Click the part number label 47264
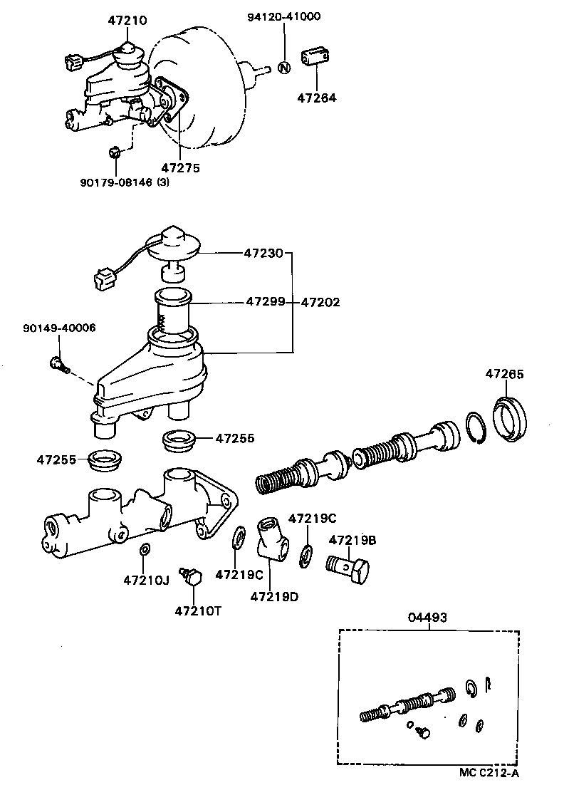pyautogui.click(x=317, y=98)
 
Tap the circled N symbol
pyautogui.click(x=283, y=68)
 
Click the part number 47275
pyautogui.click(x=181, y=168)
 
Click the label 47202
pyautogui.click(x=320, y=302)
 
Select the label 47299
pyautogui.click(x=266, y=302)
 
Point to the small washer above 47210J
pyautogui.click(x=143, y=549)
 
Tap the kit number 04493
pyautogui.click(x=427, y=618)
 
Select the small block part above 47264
pyautogui.click(x=316, y=59)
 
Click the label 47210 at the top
pyautogui.click(x=127, y=21)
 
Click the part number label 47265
pyautogui.click(x=505, y=373)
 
